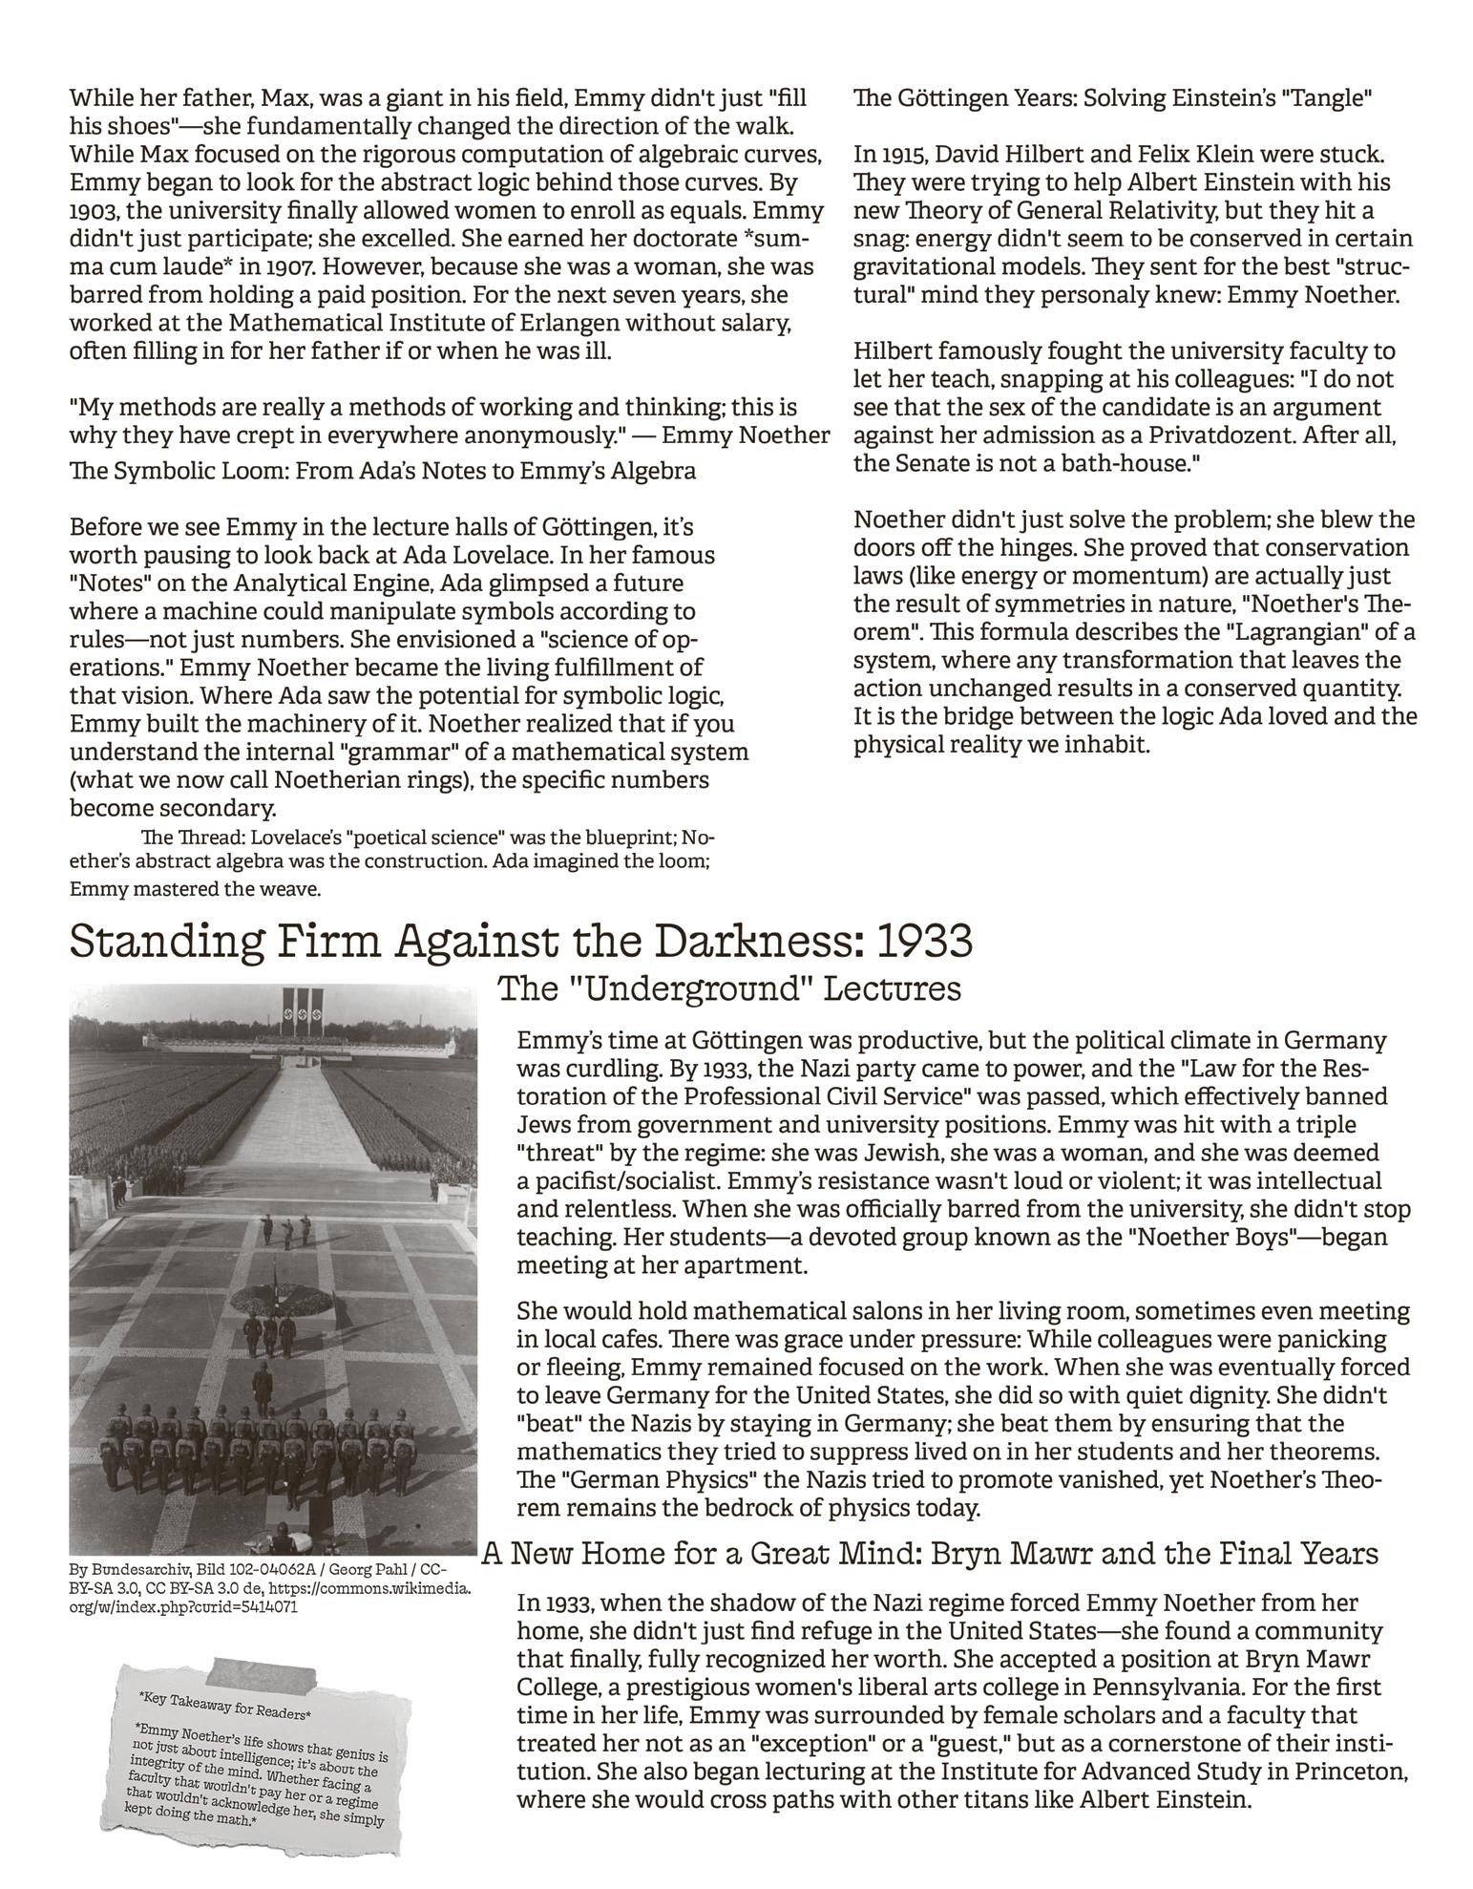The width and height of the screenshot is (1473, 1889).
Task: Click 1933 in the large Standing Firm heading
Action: pyautogui.click(x=922, y=941)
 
